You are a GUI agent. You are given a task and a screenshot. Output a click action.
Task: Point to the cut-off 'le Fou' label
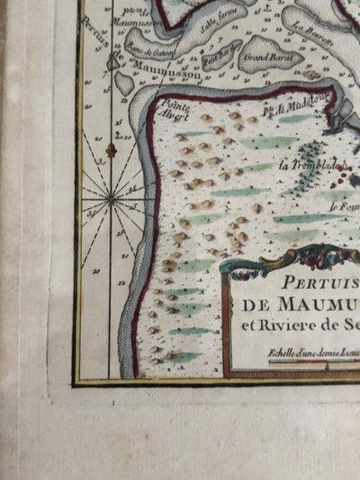pyautogui.click(x=341, y=207)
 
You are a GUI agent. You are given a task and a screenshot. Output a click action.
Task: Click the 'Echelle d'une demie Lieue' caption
pyautogui.click(x=306, y=353)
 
